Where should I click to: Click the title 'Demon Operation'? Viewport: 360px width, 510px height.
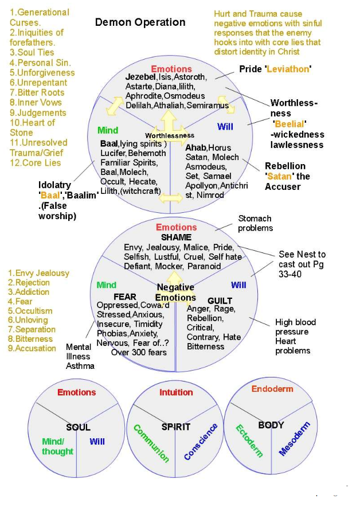140,22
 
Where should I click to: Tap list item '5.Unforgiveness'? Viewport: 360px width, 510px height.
42,73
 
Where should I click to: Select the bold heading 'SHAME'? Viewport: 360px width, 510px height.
176,238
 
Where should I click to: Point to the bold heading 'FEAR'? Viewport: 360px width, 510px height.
125,297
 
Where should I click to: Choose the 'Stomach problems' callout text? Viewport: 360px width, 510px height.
255,223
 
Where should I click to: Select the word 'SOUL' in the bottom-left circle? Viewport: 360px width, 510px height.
79,427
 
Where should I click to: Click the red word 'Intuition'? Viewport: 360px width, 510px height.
176,392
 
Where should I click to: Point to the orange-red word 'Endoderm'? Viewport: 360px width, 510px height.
272,389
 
